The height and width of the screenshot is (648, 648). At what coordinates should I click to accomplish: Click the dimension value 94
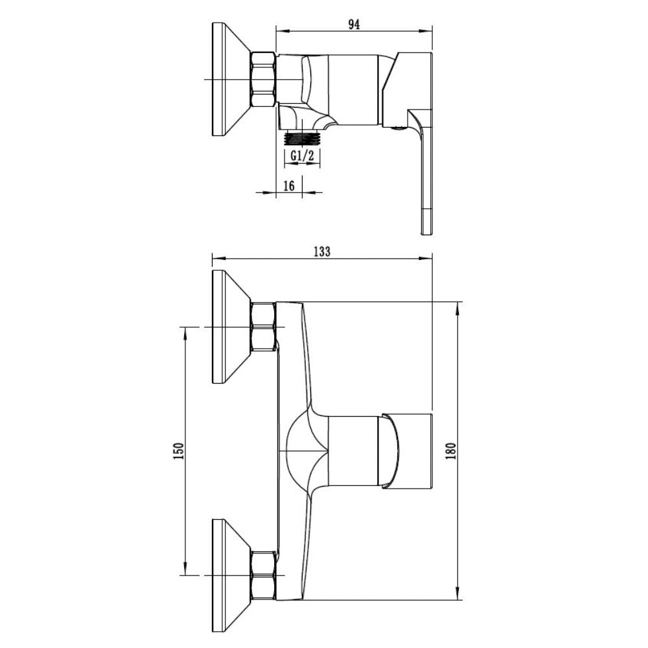point(354,25)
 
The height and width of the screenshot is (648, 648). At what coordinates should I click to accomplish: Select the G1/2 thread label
point(302,156)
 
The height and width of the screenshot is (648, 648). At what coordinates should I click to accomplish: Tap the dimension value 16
point(289,186)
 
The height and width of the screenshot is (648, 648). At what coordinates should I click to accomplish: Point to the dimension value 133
point(322,251)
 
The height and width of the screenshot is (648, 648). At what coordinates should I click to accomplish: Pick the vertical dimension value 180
point(451,451)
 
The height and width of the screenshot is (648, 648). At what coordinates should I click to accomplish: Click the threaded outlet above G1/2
point(302,138)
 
